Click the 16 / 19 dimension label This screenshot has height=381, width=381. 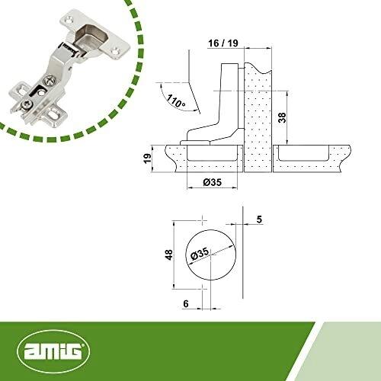pyautogui.click(x=223, y=43)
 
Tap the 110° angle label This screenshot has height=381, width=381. pyautogui.click(x=176, y=101)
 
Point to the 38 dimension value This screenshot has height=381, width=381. pyautogui.click(x=282, y=117)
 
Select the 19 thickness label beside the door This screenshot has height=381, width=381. pyautogui.click(x=147, y=158)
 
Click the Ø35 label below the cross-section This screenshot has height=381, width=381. pyautogui.click(x=213, y=182)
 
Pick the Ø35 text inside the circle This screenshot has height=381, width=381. pyautogui.click(x=200, y=254)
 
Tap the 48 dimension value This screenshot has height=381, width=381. pyautogui.click(x=168, y=255)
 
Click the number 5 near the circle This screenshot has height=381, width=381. pyautogui.click(x=259, y=219)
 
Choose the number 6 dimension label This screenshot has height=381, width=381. pyautogui.click(x=186, y=303)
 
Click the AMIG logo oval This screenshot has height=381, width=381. pyautogui.click(x=53, y=351)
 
